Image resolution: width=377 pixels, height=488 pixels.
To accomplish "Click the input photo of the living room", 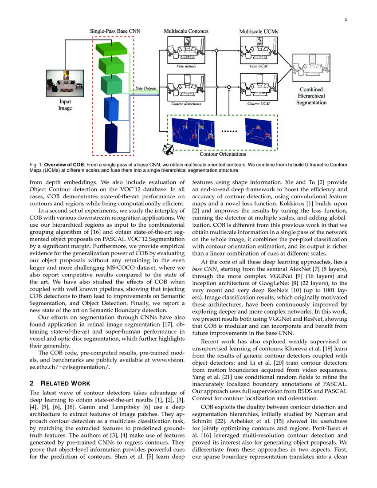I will coord(66,83).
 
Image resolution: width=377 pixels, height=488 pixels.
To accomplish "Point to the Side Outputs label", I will coord(146,88).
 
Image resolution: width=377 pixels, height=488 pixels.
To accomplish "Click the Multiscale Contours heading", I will coord(186,31).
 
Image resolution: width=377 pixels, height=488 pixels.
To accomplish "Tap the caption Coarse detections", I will coord(186,104).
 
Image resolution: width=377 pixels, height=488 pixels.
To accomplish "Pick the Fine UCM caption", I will coord(258,66).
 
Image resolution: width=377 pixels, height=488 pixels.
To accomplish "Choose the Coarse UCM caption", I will coord(258,104).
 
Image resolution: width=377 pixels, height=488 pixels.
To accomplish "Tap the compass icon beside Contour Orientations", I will coord(169,149).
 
